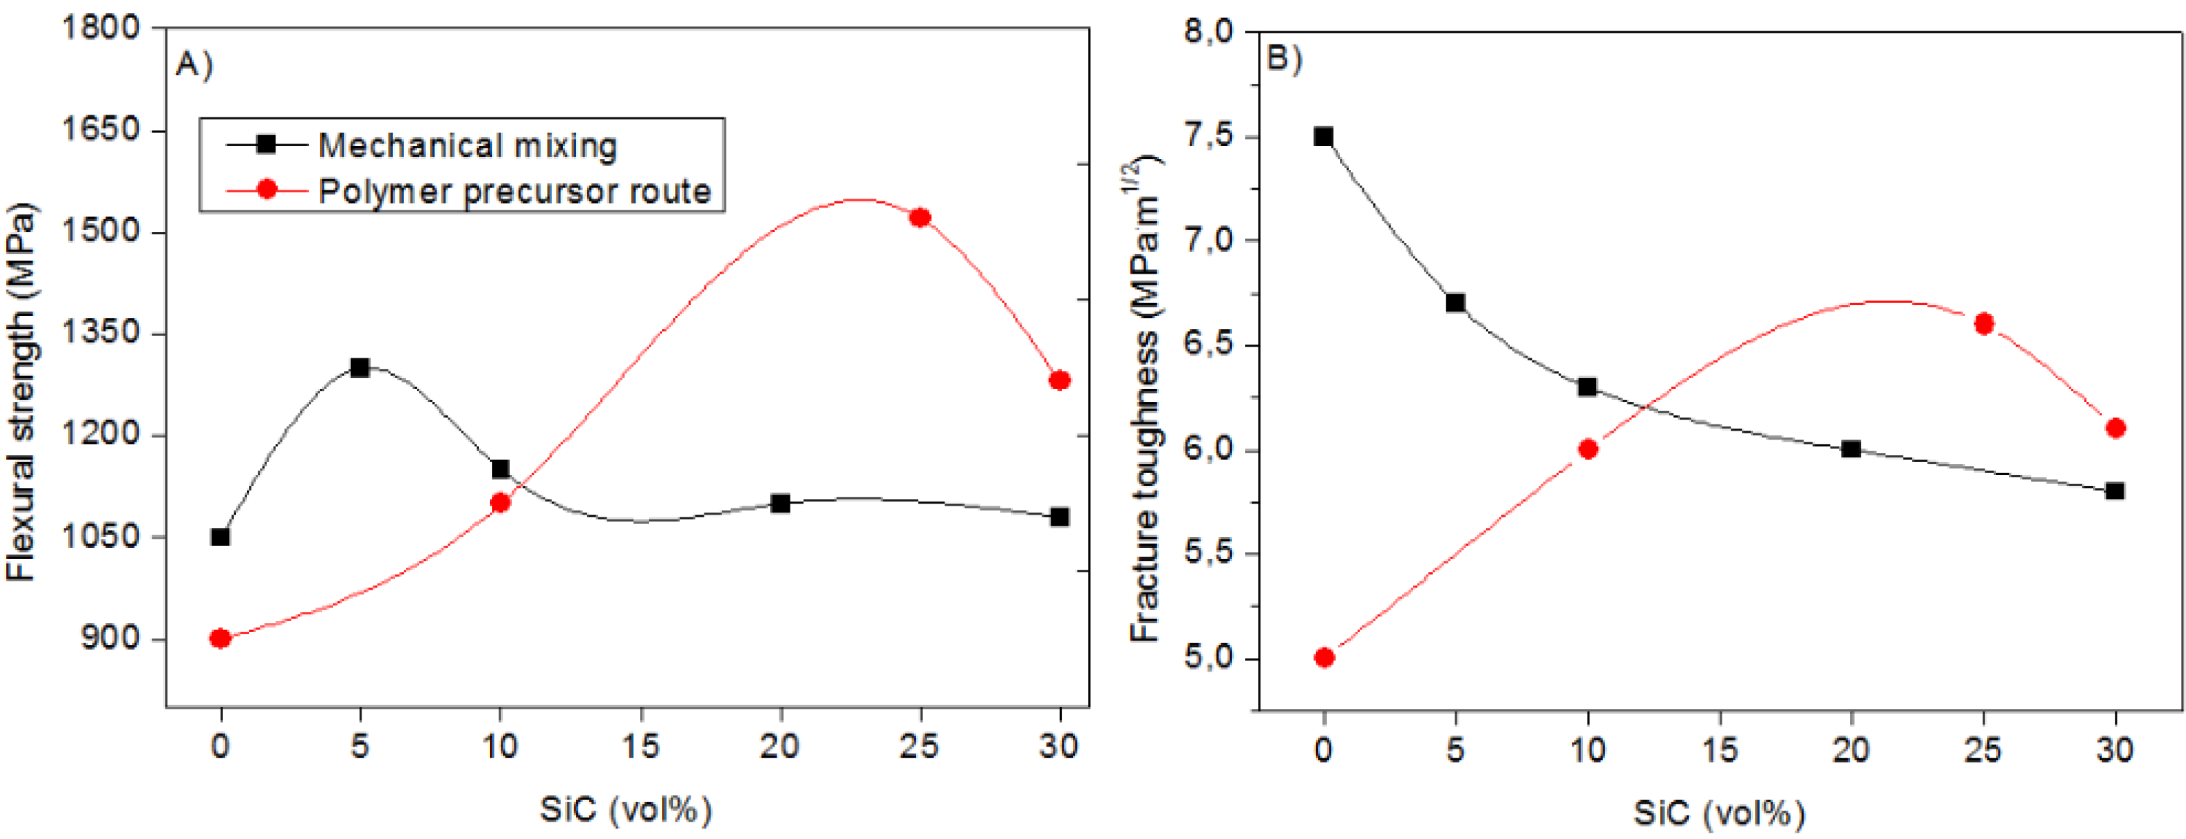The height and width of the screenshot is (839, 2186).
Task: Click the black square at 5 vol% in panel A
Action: (x=359, y=367)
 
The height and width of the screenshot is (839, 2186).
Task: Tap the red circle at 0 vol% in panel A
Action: (x=221, y=638)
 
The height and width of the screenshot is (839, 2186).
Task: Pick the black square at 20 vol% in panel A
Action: (x=781, y=504)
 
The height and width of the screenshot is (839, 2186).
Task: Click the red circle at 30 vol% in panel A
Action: (x=1059, y=380)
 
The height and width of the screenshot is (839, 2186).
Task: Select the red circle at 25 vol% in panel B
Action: (x=1984, y=324)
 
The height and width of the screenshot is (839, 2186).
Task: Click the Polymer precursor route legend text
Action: (x=514, y=191)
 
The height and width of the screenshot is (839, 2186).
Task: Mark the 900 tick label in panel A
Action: (x=110, y=638)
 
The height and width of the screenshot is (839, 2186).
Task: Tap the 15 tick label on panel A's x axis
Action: (x=640, y=746)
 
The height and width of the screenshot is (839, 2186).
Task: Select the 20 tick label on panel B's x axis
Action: (x=1851, y=749)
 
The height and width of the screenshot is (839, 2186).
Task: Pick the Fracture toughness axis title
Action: (x=1145, y=399)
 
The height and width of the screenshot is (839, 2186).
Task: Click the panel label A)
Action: (x=194, y=64)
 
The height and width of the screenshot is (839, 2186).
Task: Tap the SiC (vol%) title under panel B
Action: (x=1719, y=813)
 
